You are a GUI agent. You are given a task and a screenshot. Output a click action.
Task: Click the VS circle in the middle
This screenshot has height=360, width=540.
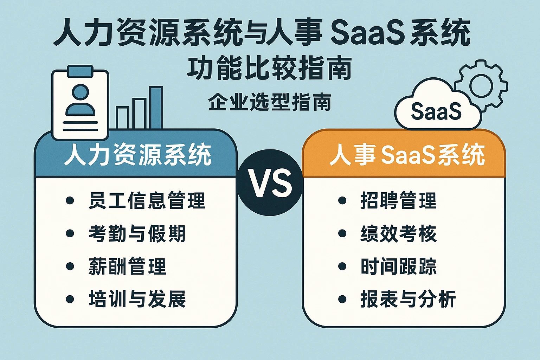pyautogui.click(x=270, y=182)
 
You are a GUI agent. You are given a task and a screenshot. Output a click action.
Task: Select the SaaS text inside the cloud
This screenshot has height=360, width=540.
pyautogui.click(x=436, y=111)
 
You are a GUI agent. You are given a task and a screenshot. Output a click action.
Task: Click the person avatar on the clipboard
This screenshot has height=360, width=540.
pyautogui.click(x=81, y=100)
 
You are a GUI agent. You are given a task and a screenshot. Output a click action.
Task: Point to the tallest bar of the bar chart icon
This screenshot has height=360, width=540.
pyautogui.click(x=156, y=107)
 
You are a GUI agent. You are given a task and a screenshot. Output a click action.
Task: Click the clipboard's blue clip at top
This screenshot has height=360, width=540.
pyautogui.click(x=81, y=71)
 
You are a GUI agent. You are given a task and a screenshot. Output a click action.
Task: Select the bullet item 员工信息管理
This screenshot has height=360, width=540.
pyautogui.click(x=147, y=201)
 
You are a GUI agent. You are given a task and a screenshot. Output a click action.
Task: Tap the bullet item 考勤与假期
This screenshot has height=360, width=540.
pyautogui.click(x=137, y=233)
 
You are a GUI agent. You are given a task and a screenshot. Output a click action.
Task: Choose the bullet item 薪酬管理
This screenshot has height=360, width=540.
pyautogui.click(x=127, y=266)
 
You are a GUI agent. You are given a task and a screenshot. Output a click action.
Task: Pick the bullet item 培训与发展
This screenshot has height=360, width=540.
pyautogui.click(x=137, y=299)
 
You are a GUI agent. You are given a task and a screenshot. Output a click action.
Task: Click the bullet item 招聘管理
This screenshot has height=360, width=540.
pyautogui.click(x=398, y=201)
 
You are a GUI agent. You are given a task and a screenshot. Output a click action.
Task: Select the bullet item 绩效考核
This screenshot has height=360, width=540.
pyautogui.click(x=398, y=233)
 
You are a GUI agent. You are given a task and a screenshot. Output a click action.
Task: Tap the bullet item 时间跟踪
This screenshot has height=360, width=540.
pyautogui.click(x=398, y=266)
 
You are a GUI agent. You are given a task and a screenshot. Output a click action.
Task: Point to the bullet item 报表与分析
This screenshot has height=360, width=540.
pyautogui.click(x=408, y=299)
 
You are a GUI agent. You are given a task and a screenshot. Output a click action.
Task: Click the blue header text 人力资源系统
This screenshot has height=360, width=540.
pyautogui.click(x=137, y=155)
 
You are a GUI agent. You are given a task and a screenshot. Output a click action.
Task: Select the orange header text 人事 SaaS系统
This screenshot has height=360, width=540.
pyautogui.click(x=407, y=155)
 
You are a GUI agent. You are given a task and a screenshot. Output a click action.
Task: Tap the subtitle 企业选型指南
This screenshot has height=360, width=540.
pyautogui.click(x=270, y=102)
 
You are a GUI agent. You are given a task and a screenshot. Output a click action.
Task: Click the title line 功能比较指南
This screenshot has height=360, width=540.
pyautogui.click(x=269, y=68)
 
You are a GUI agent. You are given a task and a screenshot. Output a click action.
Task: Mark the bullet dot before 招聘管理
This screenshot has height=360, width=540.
pyautogui.click(x=342, y=201)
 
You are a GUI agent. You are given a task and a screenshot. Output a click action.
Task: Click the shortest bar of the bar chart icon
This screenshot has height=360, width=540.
pyautogui.click(x=122, y=117)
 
